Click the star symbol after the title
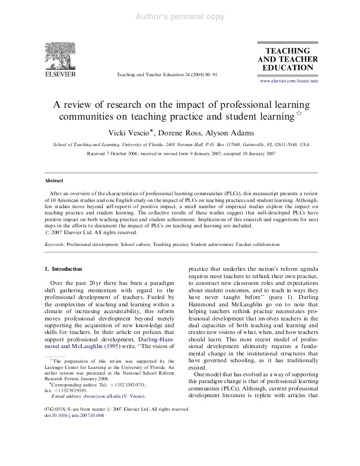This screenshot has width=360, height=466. [x=298, y=115]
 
